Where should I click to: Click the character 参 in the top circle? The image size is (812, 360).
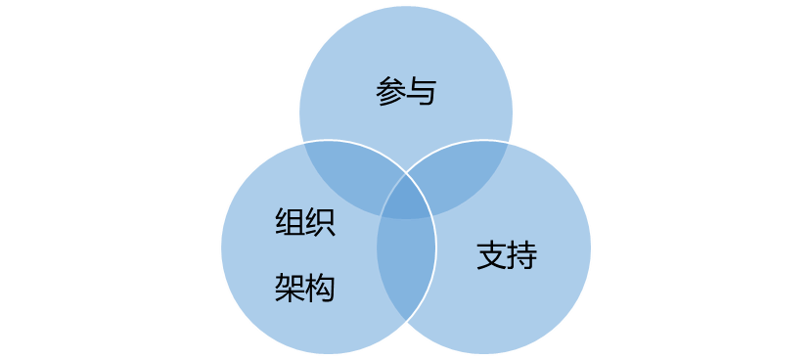[x=389, y=93]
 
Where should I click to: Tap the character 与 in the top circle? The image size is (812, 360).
[x=420, y=93]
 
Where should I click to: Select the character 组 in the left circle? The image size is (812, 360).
[x=291, y=223]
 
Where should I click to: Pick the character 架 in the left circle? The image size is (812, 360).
[x=291, y=288]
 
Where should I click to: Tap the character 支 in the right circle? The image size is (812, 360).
[x=491, y=255]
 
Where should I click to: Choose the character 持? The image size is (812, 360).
[x=521, y=255]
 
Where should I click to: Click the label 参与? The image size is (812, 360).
[x=405, y=93]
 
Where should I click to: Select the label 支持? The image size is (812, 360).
[x=507, y=255]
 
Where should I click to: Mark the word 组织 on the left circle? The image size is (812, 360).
[x=305, y=223]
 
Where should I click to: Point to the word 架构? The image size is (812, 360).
[x=305, y=288]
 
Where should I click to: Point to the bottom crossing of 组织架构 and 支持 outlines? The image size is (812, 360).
[x=406, y=322]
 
